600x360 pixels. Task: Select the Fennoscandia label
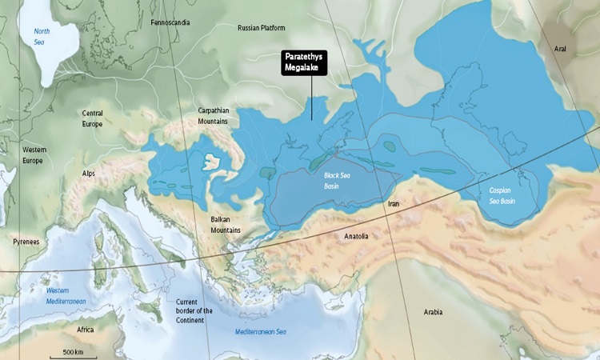(x=170, y=22)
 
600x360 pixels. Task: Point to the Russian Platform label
(x=261, y=28)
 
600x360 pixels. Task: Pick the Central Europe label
(x=92, y=118)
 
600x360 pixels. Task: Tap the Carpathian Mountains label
(x=214, y=115)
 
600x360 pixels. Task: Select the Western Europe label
(x=34, y=154)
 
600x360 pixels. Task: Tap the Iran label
(x=393, y=205)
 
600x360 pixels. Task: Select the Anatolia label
(x=356, y=237)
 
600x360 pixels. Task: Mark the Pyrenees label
(x=26, y=241)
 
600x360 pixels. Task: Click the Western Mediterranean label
(x=66, y=295)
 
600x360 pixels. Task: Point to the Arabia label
(x=434, y=310)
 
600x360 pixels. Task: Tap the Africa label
(x=85, y=330)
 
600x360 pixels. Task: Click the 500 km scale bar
(x=74, y=354)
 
